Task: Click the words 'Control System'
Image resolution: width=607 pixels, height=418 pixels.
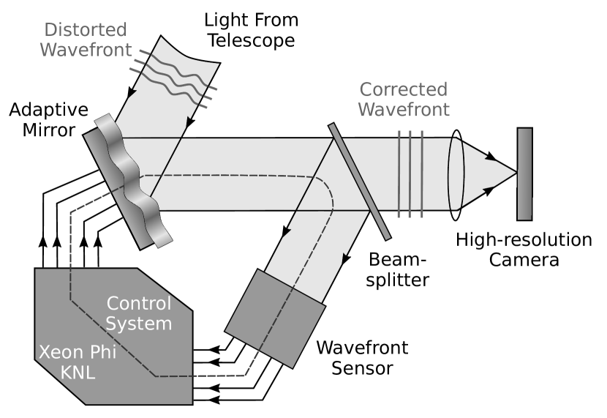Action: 138,313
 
